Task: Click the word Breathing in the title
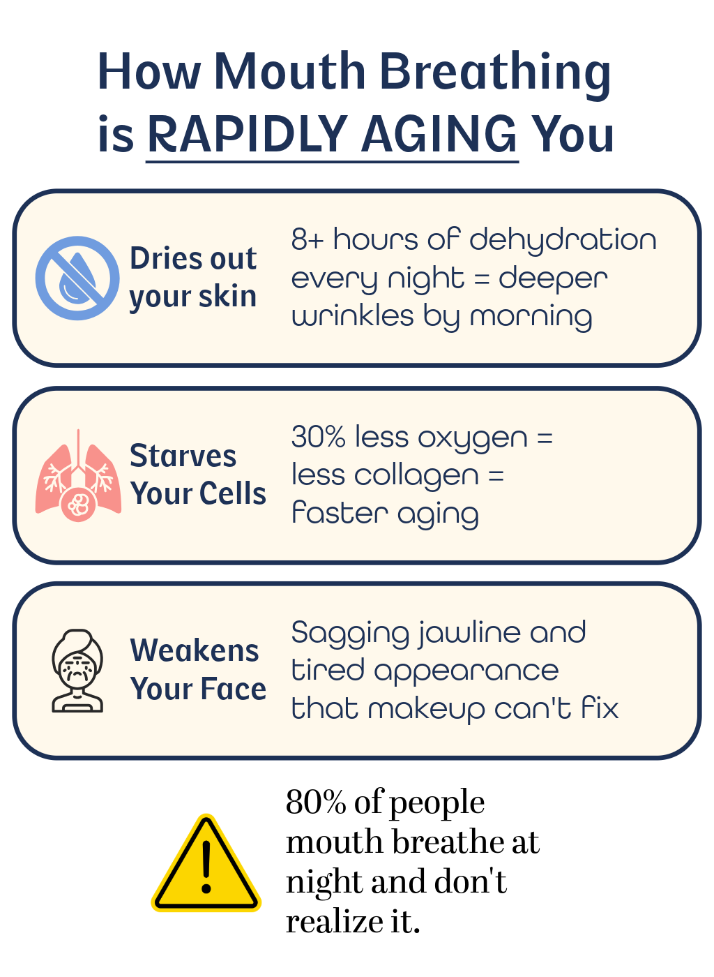496,73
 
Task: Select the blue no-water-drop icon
77,278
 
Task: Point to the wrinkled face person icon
77,671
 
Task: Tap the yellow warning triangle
206,864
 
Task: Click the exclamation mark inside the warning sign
206,867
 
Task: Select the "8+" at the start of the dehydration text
307,239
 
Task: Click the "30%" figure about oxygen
318,437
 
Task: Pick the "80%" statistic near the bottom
316,802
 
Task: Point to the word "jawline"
469,634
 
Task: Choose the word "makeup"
426,710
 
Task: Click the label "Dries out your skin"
193,278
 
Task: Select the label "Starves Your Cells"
198,475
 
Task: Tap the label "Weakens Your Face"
198,669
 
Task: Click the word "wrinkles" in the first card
353,315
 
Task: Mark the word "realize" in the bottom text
334,922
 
